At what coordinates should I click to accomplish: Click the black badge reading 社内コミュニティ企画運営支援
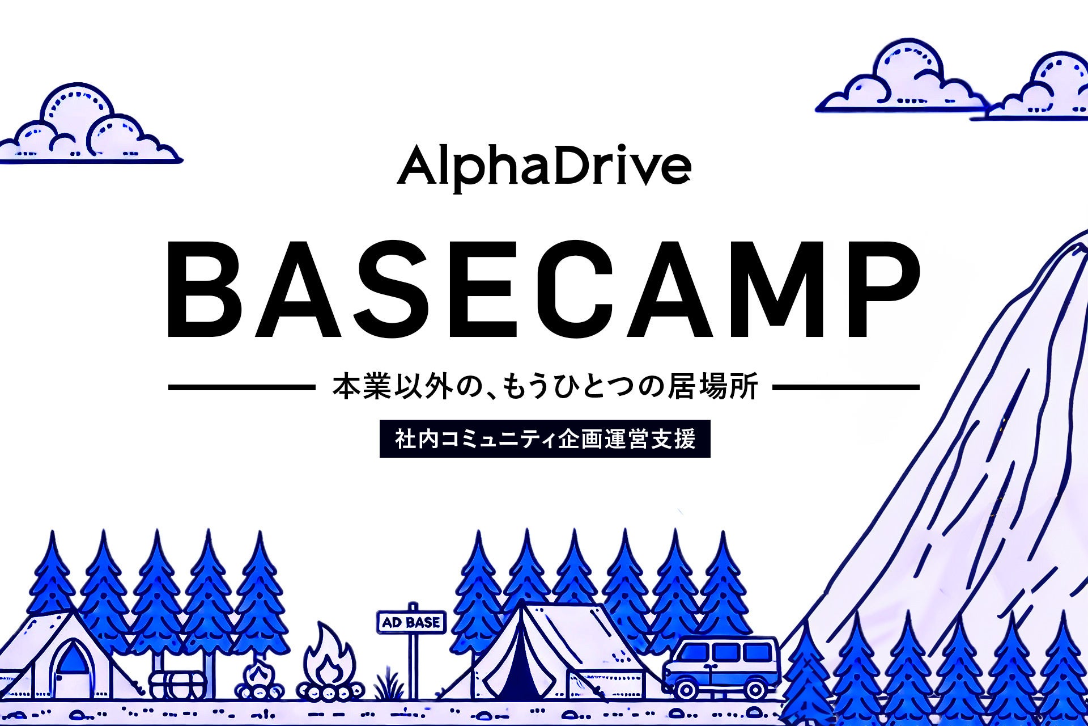[545, 438]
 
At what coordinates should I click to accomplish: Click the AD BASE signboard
[411, 622]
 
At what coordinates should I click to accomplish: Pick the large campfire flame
[329, 661]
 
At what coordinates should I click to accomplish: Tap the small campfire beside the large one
[260, 681]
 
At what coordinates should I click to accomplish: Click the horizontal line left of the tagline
[242, 388]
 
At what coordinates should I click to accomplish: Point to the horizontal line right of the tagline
[846, 388]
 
